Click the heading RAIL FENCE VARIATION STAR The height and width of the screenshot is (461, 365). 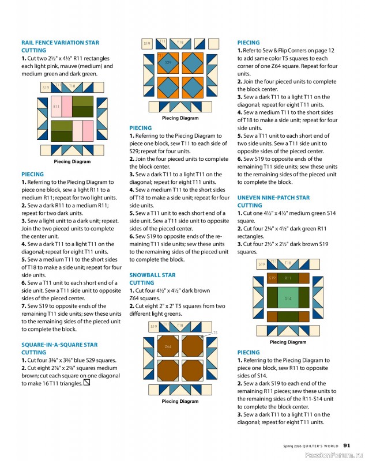click(60, 43)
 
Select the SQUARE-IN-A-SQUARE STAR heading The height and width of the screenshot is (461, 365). click(59, 345)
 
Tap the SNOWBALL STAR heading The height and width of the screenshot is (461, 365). click(153, 275)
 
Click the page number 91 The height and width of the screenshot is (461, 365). click(347, 445)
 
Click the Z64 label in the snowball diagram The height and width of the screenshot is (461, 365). click(168, 347)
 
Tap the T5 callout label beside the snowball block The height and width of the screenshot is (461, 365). click(215, 333)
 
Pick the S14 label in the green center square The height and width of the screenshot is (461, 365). click(288, 298)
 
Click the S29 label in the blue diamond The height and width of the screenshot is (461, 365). click(168, 62)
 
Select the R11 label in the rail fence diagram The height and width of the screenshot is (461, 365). click(57, 107)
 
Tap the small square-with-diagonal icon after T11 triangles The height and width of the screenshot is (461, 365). click(86, 382)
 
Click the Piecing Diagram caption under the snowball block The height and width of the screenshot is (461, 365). click(180, 401)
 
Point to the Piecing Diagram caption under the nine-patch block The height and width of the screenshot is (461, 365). click(288, 342)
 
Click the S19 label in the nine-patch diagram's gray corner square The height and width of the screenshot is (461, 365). click(261, 264)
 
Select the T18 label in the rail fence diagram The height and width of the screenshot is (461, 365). click(72, 86)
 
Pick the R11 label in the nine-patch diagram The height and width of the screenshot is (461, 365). click(288, 278)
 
